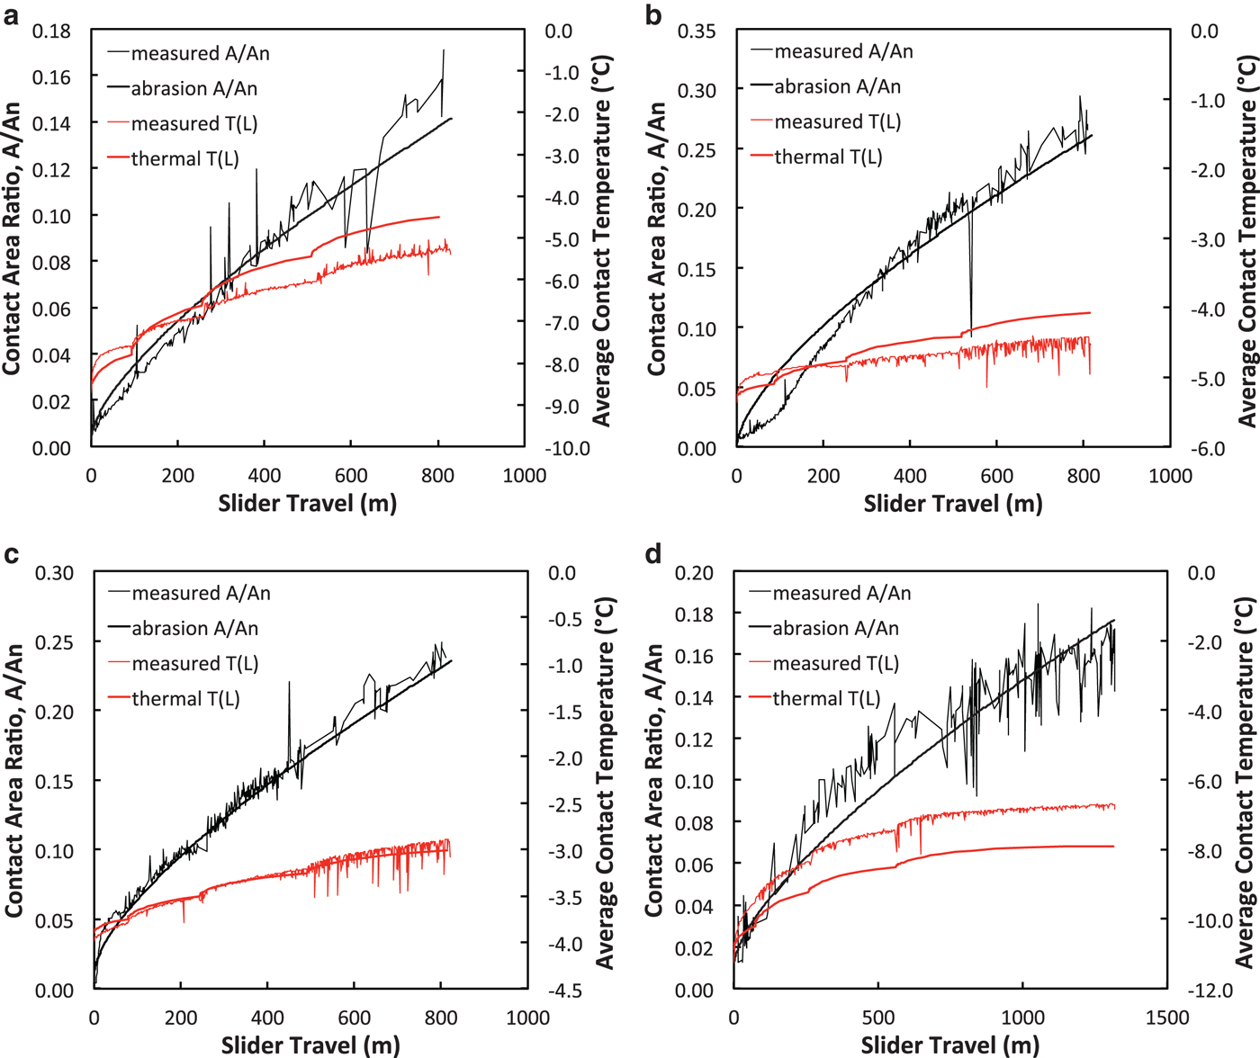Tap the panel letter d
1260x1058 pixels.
[654, 554]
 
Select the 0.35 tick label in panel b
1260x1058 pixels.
[697, 31]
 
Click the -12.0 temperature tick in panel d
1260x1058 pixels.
[1211, 991]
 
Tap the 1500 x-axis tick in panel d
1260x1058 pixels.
[1167, 1018]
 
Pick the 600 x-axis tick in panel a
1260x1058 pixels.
[351, 475]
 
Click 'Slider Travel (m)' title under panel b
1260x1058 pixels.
[953, 504]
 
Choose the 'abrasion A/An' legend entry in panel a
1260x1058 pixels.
[193, 88]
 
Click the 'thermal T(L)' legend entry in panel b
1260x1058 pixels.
[828, 157]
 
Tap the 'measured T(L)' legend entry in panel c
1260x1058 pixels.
[194, 664]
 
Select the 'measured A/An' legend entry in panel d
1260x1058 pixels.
[841, 593]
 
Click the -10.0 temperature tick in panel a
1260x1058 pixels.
[567, 448]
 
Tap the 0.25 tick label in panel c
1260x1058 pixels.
[54, 642]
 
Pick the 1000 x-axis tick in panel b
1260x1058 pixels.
[1170, 475]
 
